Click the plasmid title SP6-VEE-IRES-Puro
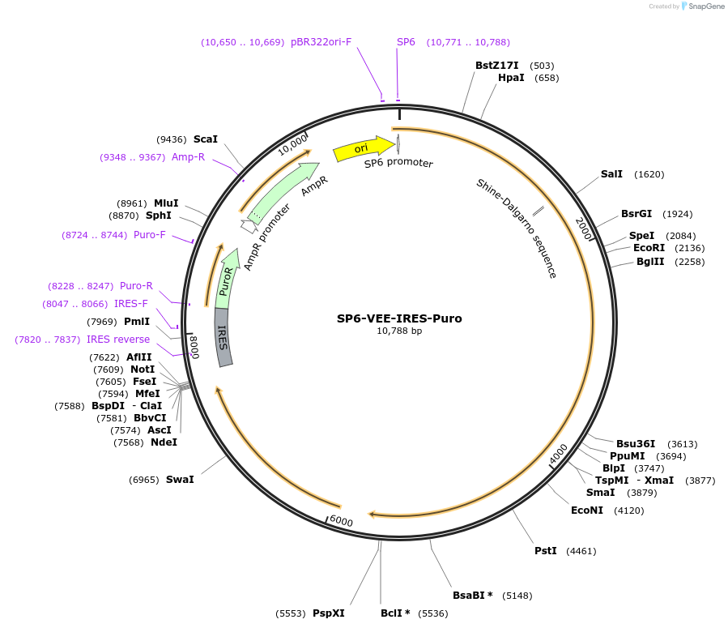pos(399,318)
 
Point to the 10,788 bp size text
pos(399,331)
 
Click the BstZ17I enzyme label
pos(496,65)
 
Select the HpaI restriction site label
pos(511,78)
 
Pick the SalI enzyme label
pos(611,174)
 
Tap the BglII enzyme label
pos(649,262)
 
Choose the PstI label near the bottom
pos(545,551)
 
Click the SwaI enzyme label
pos(180,480)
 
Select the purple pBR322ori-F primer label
pos(321,42)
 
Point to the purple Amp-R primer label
pos(188,157)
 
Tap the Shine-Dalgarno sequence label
pos(516,229)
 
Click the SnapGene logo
pos(701,6)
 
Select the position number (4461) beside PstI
pos(581,551)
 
